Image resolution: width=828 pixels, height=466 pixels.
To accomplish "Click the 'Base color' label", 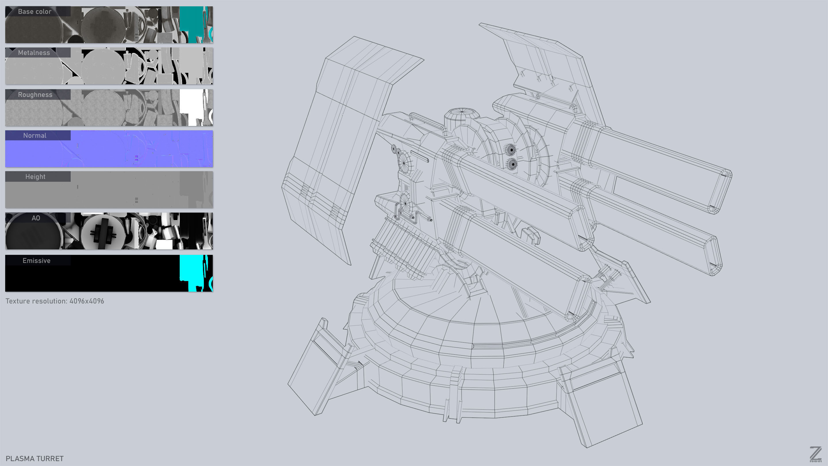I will tap(35, 12).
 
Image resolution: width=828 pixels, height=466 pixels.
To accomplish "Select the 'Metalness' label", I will tap(34, 53).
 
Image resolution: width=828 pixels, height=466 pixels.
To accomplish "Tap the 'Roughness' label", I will tap(35, 95).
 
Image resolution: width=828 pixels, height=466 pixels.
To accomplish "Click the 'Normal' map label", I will tap(35, 135).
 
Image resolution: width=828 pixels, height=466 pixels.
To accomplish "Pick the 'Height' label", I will tap(35, 177).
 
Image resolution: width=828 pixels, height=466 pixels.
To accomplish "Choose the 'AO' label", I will tap(36, 218).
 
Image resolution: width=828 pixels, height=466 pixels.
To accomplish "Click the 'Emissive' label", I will tap(36, 261).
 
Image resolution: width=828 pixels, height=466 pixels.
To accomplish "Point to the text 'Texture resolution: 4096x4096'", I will tap(55, 301).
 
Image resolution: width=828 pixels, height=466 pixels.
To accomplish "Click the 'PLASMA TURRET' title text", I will tap(35, 458).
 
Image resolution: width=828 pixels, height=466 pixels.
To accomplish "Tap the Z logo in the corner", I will tap(815, 454).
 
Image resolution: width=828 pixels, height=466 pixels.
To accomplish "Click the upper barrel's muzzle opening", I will tap(720, 191).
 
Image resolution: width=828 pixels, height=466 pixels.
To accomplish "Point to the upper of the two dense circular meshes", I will tap(510, 150).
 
